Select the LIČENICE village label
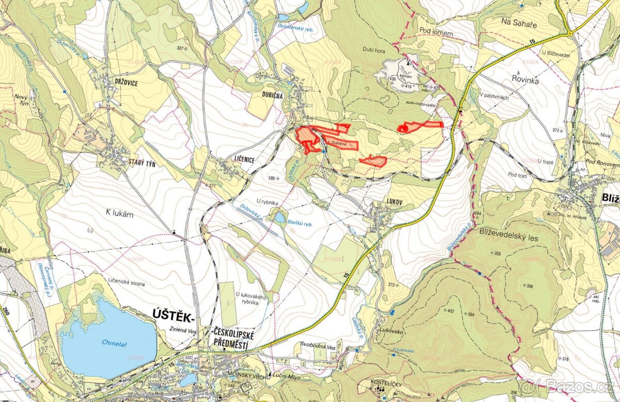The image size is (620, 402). tap(238, 160)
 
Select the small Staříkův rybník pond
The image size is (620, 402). tap(280, 217)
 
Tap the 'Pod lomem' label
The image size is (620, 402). tap(436, 33)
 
